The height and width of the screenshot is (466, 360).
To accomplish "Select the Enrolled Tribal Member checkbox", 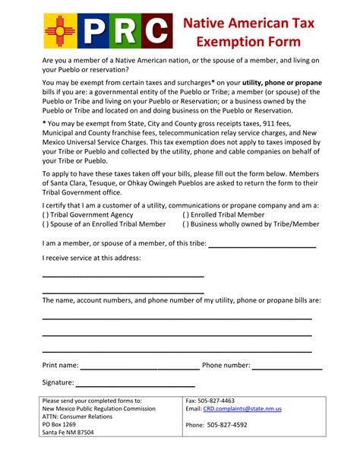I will point(185,215).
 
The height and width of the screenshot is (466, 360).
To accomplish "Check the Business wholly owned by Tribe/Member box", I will point(185,224).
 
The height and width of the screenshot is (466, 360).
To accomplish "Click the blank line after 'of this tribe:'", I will point(261,245).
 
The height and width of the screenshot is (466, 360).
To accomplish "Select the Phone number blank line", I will point(287,366).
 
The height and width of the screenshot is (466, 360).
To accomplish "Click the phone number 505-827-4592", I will point(227,425).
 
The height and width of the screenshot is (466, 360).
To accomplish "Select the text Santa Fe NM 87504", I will point(68,433).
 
